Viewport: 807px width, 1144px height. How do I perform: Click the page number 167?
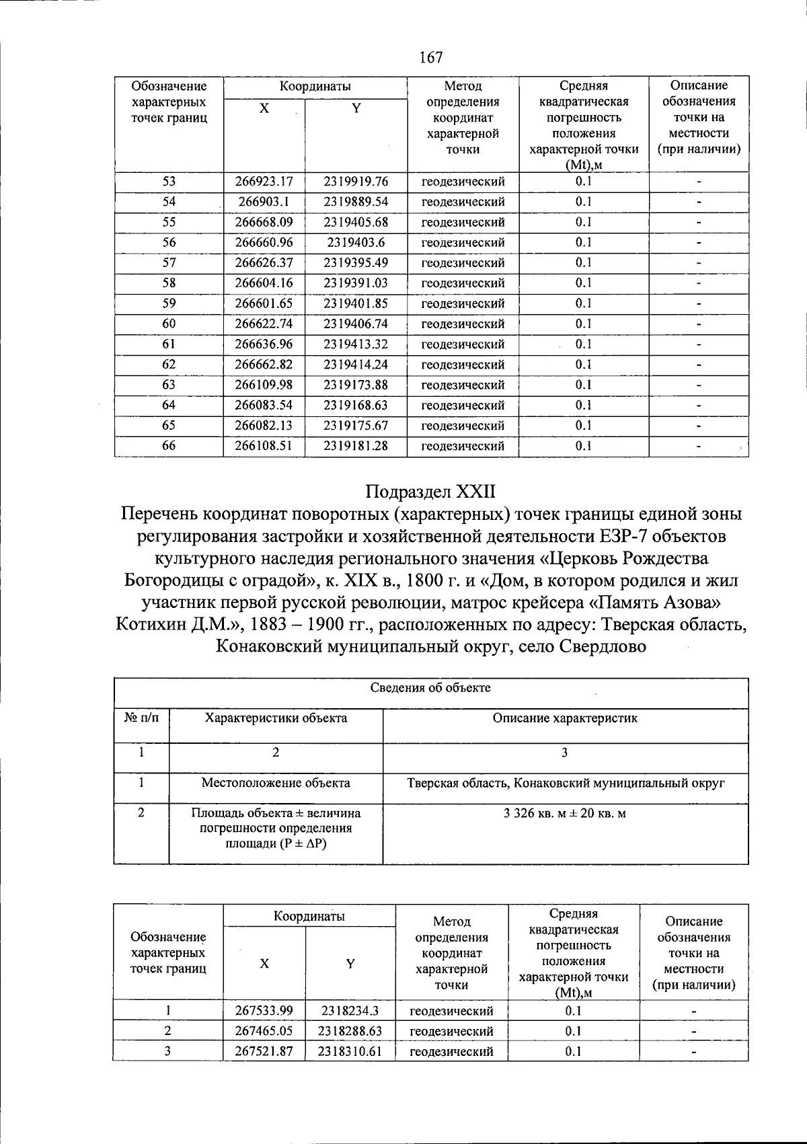coord(430,57)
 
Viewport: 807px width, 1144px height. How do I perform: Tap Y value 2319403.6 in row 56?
coord(356,243)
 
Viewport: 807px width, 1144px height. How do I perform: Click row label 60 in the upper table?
coord(169,324)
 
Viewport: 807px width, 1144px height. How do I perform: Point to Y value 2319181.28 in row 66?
coord(356,446)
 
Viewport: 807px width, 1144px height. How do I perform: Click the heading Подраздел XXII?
coord(430,491)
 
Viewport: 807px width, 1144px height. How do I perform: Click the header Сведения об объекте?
coord(430,687)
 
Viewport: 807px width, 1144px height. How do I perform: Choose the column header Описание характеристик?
coord(565,718)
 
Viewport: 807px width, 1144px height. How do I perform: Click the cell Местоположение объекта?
coord(276,783)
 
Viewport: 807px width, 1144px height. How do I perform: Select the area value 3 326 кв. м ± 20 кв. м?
coord(565,813)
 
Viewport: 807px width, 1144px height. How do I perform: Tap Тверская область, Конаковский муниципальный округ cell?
coord(565,783)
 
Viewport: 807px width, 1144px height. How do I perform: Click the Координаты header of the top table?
coord(315,86)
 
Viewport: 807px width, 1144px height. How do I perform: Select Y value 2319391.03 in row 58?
coord(356,283)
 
